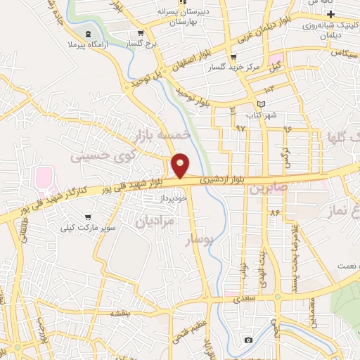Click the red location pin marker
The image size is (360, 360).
[181, 165]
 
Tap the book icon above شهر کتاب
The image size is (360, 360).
[262, 103]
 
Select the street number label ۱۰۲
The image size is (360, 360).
[271, 89]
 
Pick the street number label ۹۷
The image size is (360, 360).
[241, 127]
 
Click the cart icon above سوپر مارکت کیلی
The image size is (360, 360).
[88, 217]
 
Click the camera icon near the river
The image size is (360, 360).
[247, 340]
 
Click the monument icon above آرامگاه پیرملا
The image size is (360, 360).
[87, 34]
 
